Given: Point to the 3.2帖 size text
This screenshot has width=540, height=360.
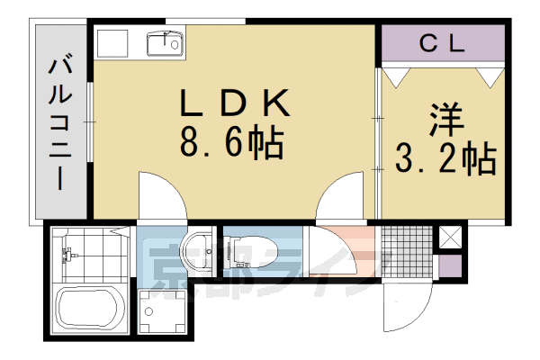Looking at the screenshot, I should [445, 159].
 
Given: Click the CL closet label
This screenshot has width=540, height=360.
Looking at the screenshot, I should [441, 43].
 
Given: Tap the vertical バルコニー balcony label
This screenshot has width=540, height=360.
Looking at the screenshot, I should [62, 121].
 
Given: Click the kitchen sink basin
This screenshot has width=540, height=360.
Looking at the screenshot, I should [166, 41].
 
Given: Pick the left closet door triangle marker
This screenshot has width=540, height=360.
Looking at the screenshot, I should [393, 76].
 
